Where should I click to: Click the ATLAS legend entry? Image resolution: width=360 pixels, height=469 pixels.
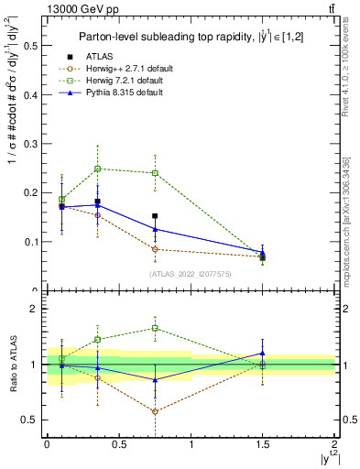(x=101, y=58)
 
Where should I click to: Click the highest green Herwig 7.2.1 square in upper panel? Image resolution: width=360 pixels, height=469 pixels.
(x=97, y=169)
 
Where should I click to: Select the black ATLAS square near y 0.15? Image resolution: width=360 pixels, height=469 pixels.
(x=155, y=216)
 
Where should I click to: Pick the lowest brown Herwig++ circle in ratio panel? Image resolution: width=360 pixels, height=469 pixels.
(x=155, y=411)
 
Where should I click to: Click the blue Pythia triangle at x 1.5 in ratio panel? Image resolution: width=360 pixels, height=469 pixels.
(x=263, y=353)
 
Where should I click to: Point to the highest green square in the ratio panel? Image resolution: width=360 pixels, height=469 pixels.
(x=155, y=328)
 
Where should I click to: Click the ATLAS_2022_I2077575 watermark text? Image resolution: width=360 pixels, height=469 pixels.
(x=189, y=273)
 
